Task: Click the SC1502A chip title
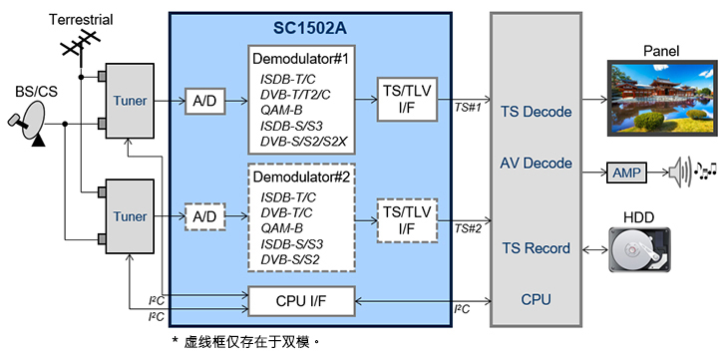tap(310, 28)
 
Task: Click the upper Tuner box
tap(130, 101)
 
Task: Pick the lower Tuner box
tap(130, 216)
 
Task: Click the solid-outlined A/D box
tap(204, 101)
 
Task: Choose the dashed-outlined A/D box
tap(204, 216)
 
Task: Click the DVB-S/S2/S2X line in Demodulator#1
tap(303, 142)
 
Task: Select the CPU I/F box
tap(301, 301)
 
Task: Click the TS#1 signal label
tap(468, 109)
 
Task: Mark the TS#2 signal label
tap(468, 228)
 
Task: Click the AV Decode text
tap(536, 163)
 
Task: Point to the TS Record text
tap(536, 248)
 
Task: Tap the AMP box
tap(626, 174)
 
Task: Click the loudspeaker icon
tap(680, 173)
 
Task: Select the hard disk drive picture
tap(639, 249)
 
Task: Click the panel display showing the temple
tap(661, 98)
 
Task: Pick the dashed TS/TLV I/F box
tap(407, 220)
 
